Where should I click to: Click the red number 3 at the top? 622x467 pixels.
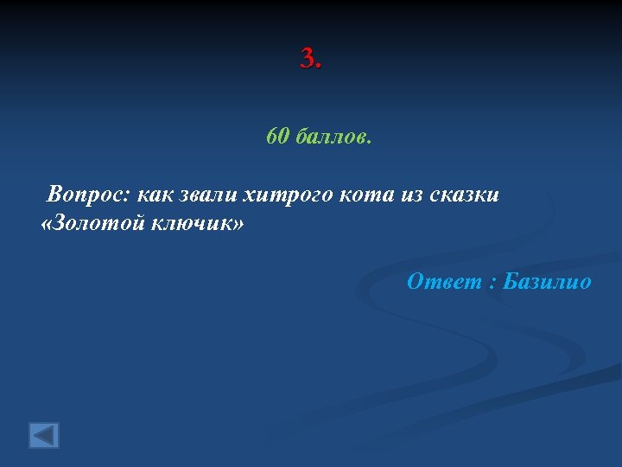(307, 59)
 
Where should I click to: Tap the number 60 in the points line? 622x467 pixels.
(276, 137)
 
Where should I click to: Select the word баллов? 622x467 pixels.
(333, 138)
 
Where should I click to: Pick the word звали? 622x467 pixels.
(207, 195)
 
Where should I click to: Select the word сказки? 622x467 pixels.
(465, 195)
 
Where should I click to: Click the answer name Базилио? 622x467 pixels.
(547, 281)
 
